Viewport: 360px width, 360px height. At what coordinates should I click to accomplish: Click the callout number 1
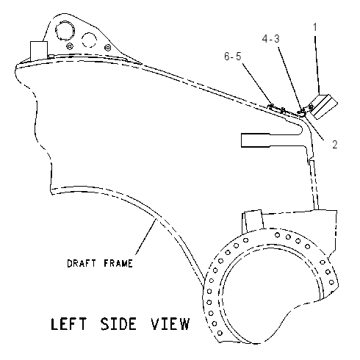click(315, 27)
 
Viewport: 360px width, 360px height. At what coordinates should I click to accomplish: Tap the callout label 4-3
click(270, 39)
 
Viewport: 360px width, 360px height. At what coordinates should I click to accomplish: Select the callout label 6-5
click(233, 57)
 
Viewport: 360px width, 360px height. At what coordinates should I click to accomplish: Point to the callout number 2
click(334, 145)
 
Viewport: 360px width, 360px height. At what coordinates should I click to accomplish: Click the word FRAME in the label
click(118, 263)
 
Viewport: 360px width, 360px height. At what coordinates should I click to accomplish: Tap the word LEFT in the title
click(69, 324)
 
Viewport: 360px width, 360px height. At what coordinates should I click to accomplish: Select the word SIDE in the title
click(118, 324)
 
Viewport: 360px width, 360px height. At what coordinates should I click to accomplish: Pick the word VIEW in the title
click(170, 324)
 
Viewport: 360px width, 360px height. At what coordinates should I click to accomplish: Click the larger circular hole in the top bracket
click(65, 31)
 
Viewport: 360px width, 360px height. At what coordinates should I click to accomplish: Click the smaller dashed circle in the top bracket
click(89, 40)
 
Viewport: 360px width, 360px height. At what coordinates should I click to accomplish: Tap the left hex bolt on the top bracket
click(70, 46)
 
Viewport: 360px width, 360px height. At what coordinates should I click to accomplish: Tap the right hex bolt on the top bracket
click(107, 47)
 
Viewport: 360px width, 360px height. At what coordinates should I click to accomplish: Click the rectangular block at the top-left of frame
click(39, 51)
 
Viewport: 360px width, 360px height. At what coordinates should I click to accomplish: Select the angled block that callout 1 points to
click(323, 107)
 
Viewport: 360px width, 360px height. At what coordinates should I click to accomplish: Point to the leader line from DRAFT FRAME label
click(146, 237)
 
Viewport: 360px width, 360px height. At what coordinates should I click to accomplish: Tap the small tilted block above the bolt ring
click(253, 221)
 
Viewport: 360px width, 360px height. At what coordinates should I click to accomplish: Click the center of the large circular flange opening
click(271, 292)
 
